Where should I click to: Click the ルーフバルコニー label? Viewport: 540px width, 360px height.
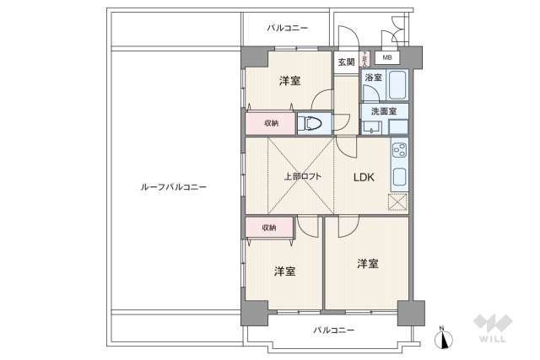174,186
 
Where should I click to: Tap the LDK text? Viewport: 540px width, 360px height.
364,178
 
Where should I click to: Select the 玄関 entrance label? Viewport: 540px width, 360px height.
346,62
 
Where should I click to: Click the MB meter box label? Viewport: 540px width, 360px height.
387,58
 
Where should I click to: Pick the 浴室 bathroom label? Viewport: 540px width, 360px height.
373,78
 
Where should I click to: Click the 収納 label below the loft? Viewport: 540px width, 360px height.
267,228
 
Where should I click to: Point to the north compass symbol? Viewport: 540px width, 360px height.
440,339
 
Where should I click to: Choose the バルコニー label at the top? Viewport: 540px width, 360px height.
287,28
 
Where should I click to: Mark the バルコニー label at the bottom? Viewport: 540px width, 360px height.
334,330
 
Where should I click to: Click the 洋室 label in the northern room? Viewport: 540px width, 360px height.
290,81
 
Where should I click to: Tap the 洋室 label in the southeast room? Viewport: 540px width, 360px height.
366,263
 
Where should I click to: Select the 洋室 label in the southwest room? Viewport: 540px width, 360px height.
284,271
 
